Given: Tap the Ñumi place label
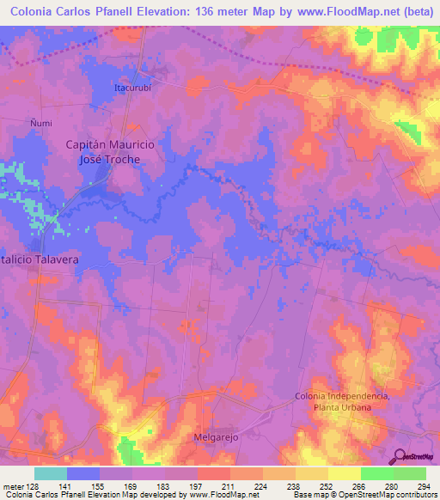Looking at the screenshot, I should pyautogui.click(x=40, y=123).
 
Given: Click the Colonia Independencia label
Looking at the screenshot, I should pyautogui.click(x=342, y=395).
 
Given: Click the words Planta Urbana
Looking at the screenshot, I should pyautogui.click(x=343, y=407).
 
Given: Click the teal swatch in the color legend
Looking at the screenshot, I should pyautogui.click(x=51, y=473).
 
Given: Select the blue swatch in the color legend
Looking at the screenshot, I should pyautogui.click(x=83, y=473).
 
